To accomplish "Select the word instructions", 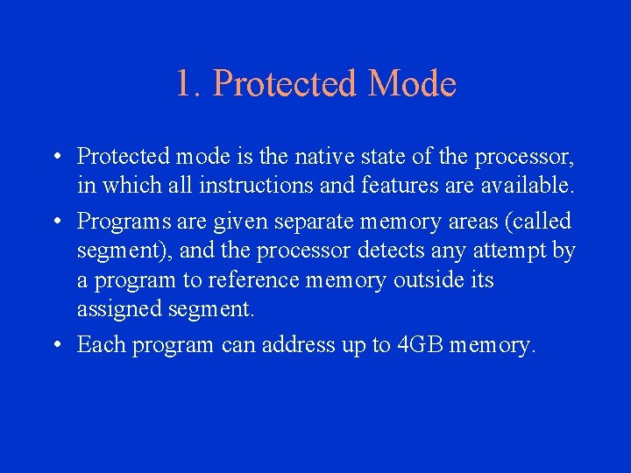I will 259,186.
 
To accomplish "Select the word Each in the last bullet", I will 100,345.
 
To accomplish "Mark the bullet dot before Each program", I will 55,345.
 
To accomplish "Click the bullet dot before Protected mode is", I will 55,157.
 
